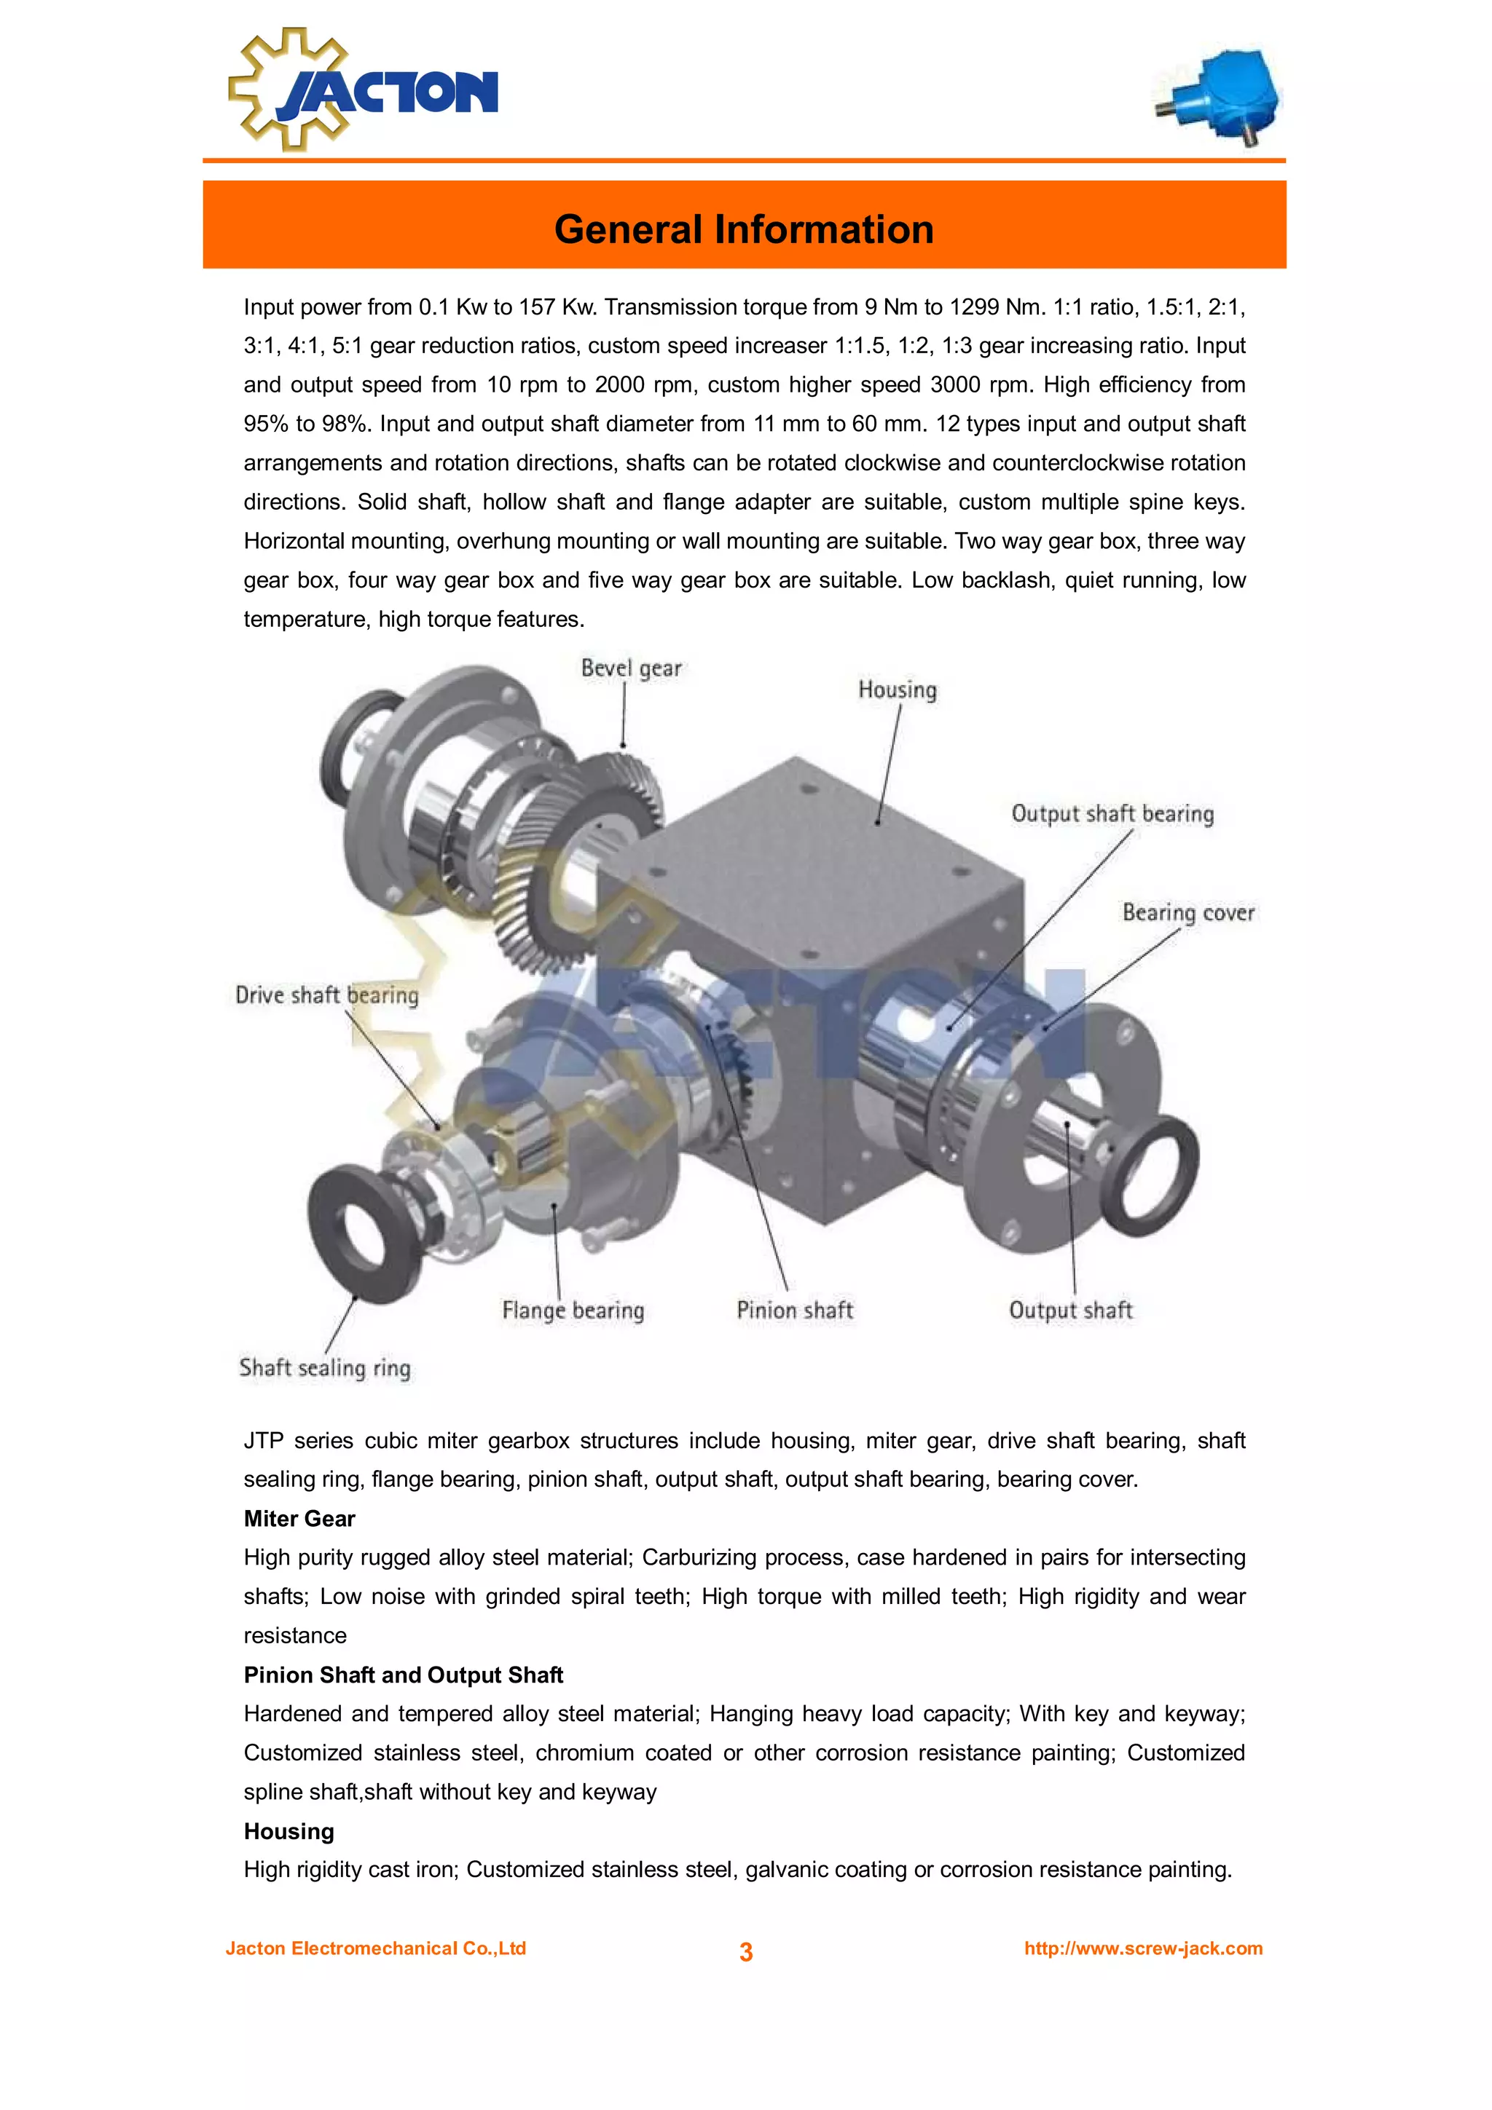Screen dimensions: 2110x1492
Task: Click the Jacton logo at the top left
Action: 362,90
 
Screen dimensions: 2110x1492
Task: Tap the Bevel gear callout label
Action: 631,668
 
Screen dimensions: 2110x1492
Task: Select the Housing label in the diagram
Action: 898,690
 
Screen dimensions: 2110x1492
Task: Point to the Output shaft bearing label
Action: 1112,814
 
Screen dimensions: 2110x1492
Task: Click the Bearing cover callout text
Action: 1187,912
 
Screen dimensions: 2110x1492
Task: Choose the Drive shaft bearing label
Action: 326,995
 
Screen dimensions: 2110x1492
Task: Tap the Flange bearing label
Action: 573,1311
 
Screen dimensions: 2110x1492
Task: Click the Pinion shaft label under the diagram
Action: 794,1311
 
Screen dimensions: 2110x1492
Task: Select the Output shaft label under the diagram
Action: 1070,1311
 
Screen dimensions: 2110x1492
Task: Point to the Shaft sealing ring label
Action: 324,1368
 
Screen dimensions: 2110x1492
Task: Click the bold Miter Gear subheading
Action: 299,1519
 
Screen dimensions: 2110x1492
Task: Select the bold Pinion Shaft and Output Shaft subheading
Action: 403,1675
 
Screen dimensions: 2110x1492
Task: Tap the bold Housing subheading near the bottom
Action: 288,1832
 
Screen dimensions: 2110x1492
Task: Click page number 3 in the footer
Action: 745,1952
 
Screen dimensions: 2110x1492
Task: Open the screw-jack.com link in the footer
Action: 1142,1949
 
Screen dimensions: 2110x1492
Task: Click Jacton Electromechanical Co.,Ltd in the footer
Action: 376,1949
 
